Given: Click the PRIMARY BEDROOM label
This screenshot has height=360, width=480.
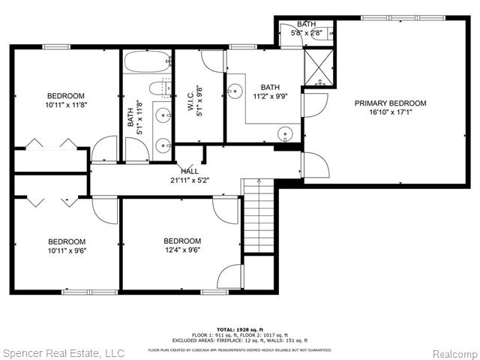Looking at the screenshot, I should coord(390,103).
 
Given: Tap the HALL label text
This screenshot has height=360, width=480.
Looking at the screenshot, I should coord(189,171).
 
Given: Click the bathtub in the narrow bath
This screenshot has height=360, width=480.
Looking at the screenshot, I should coord(147,61).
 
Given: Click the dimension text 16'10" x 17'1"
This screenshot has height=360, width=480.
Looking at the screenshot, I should coord(390,113).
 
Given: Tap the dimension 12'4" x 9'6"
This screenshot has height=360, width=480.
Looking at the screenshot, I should coord(181,250).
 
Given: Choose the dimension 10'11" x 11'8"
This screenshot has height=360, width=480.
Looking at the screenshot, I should coord(66,105).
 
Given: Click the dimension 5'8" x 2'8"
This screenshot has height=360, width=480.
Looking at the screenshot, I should coord(305,33).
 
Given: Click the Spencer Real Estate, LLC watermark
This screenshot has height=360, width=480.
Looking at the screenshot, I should coord(64,352).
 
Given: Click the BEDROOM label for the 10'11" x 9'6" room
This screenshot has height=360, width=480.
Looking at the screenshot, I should coord(66,241).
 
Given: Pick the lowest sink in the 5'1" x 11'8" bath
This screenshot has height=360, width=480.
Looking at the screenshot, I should coord(162,145).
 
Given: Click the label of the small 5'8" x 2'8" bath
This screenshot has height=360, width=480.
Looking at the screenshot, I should coord(305,25).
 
